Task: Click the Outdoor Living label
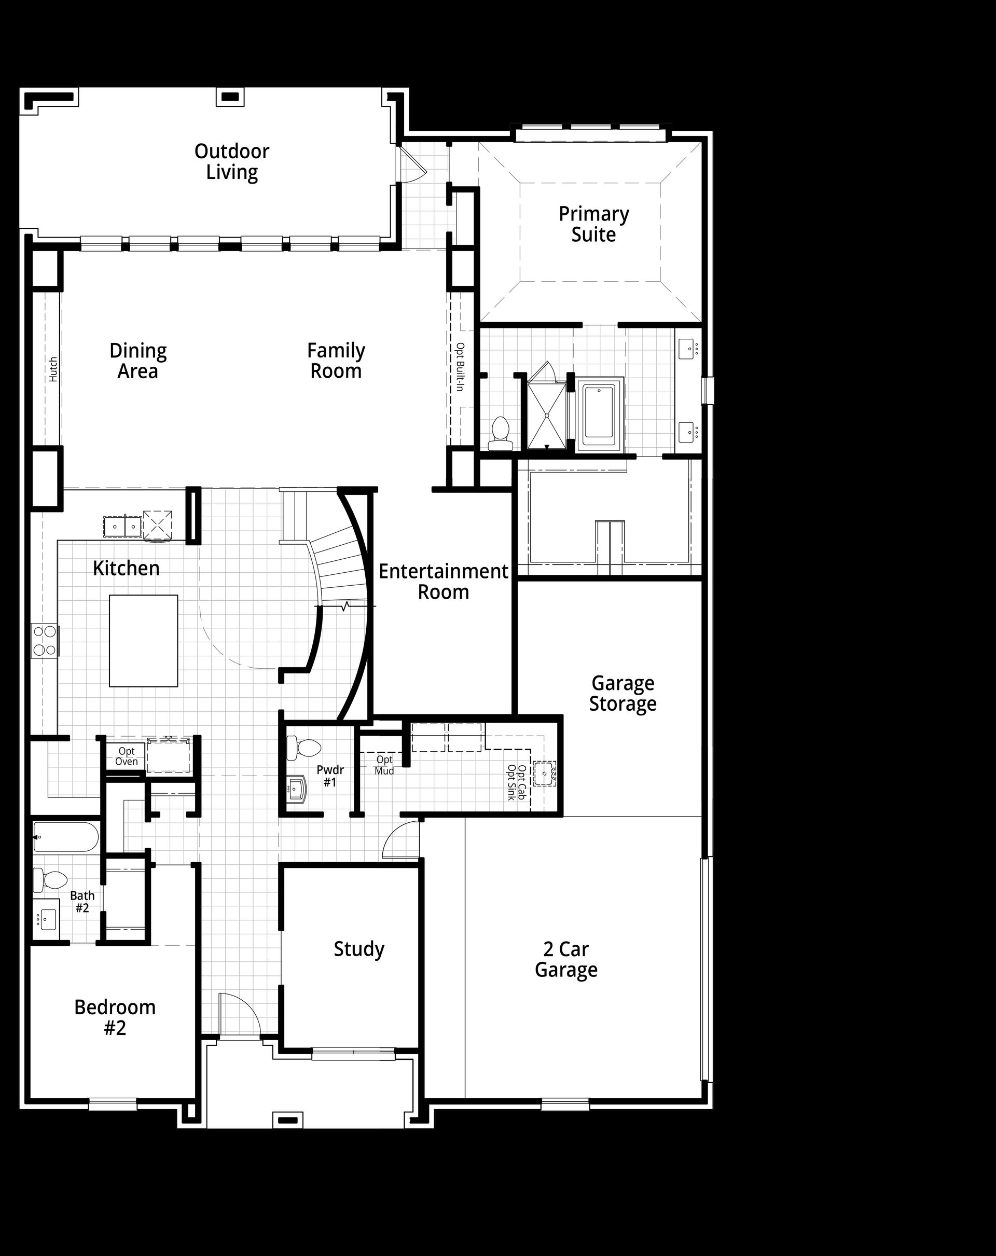232,162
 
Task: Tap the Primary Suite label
593,224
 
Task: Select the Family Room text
336,361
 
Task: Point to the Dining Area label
138,361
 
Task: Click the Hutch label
53,369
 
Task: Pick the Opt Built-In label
460,366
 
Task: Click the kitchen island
143,641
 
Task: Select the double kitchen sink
123,527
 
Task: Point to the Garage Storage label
622,693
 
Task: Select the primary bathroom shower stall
546,416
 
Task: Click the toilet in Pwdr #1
303,748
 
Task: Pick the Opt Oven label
127,756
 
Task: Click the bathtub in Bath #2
66,837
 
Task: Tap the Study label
359,949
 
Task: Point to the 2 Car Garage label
566,959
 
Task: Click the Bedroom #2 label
115,1018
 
